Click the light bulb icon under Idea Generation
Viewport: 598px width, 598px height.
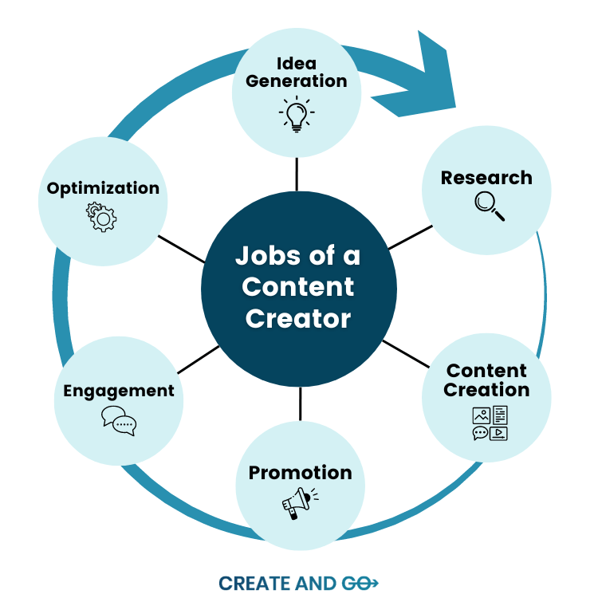coord(297,114)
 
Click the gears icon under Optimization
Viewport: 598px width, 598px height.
coord(102,217)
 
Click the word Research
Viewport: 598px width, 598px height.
coord(486,178)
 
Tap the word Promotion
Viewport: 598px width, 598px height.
coord(300,473)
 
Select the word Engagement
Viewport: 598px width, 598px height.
coord(119,391)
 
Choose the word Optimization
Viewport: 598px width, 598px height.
coord(103,188)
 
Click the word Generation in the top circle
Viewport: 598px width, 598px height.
coord(297,81)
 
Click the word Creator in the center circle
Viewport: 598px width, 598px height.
coord(298,319)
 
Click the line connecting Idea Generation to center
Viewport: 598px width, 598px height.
coord(297,174)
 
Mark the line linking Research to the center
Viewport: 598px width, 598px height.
coord(409,237)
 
